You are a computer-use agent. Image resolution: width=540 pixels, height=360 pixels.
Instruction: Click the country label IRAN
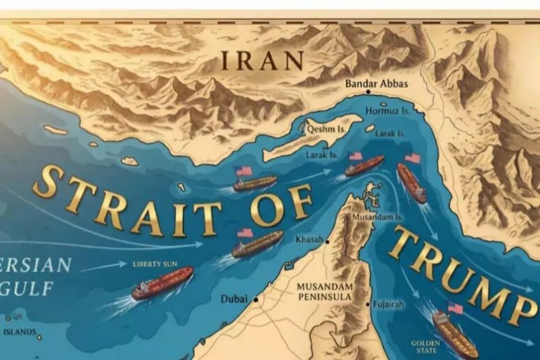(262, 60)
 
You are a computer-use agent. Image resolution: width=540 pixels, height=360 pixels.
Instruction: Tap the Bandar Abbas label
(377, 83)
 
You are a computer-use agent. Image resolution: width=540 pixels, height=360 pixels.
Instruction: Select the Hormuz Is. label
(386, 111)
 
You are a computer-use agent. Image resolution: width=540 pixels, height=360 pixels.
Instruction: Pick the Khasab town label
(308, 240)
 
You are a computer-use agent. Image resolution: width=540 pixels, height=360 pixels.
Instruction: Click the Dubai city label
(233, 299)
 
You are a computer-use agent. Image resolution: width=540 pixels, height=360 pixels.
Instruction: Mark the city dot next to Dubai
(256, 300)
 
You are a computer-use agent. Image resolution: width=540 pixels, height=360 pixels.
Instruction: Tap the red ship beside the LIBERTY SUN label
(162, 283)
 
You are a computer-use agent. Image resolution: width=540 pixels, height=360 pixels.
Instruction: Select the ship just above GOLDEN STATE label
(454, 333)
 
